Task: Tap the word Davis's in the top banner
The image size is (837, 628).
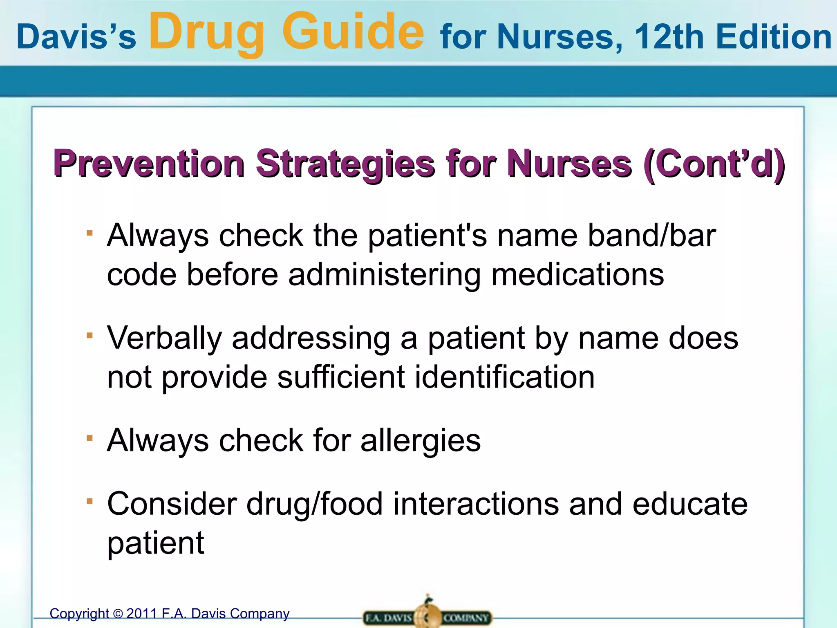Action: click(76, 37)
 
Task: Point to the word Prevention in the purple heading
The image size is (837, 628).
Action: click(149, 164)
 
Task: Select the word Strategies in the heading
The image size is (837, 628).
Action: click(345, 164)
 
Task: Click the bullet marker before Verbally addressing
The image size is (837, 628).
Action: click(90, 336)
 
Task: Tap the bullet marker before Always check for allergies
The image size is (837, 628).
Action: click(90, 438)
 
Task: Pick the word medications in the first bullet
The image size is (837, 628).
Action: click(577, 275)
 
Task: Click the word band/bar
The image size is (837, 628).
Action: click(651, 235)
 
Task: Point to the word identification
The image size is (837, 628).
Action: click(505, 377)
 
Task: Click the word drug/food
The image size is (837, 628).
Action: click(314, 504)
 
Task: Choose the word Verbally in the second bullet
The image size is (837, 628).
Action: click(164, 339)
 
